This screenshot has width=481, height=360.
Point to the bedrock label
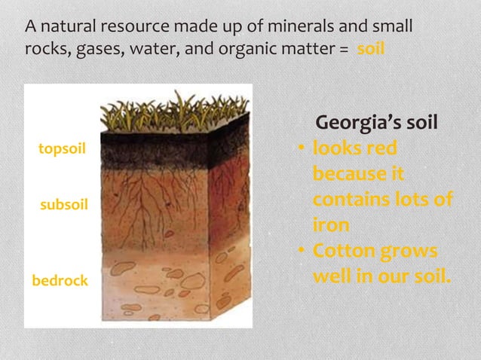click(60, 281)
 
